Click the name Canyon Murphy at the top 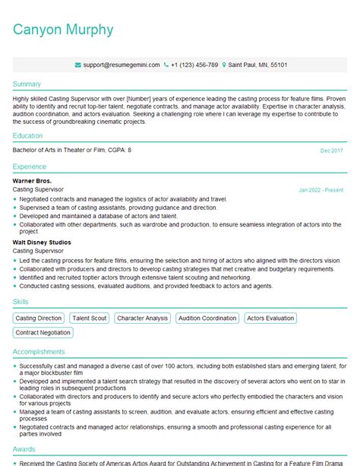click(x=63, y=30)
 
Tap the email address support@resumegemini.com click(x=122, y=65)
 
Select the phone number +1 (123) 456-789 click(x=194, y=65)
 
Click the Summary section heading click(x=27, y=84)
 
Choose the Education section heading click(x=28, y=136)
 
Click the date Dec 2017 click(x=332, y=151)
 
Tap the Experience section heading click(x=30, y=166)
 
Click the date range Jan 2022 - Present click(x=321, y=189)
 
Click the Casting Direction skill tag click(x=39, y=319)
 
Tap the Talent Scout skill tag click(x=89, y=319)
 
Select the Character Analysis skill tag click(x=143, y=319)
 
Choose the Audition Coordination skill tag click(x=207, y=319)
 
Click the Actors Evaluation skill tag click(x=270, y=319)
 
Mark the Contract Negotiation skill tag click(x=43, y=333)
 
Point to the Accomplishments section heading click(x=39, y=352)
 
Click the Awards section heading click(x=24, y=449)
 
